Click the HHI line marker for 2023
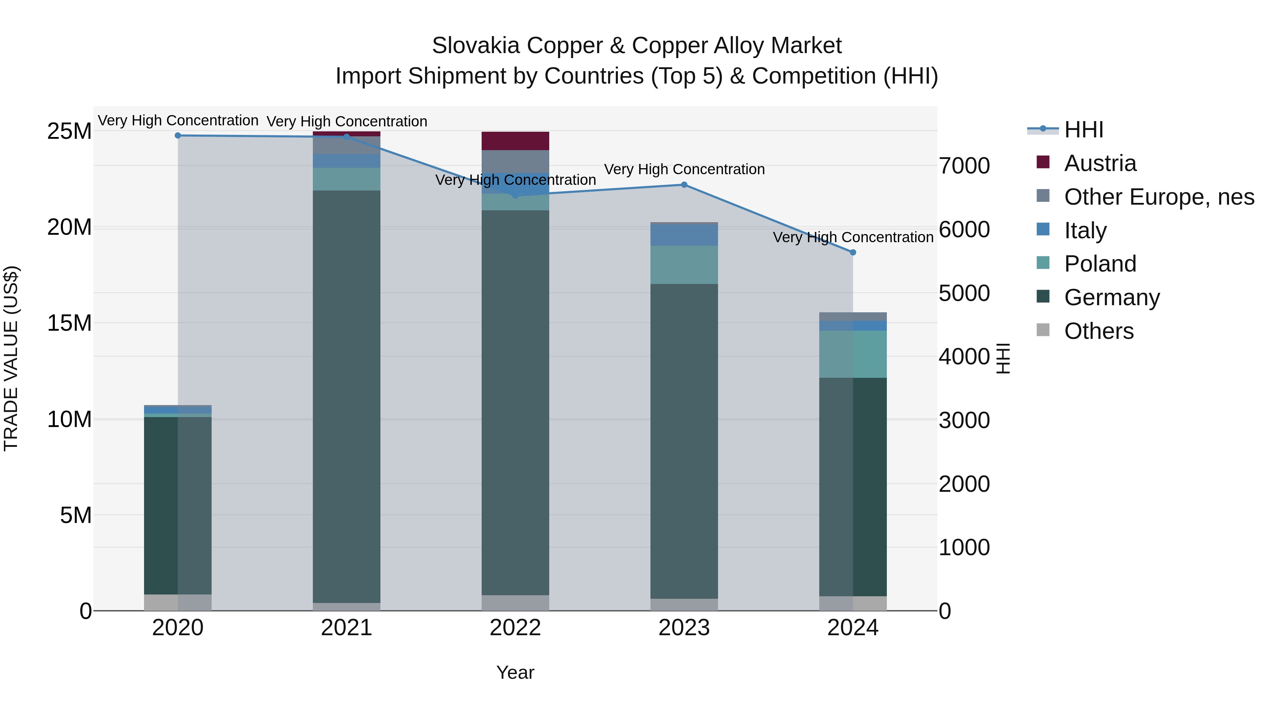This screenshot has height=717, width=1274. pyautogui.click(x=684, y=184)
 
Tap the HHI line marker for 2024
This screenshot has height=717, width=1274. pyautogui.click(x=853, y=252)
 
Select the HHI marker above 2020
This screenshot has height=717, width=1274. pyautogui.click(x=178, y=136)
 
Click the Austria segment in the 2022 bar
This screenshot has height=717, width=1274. pyautogui.click(x=515, y=141)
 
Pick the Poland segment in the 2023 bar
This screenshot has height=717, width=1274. pyautogui.click(x=684, y=265)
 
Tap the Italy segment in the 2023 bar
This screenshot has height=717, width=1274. pyautogui.click(x=684, y=235)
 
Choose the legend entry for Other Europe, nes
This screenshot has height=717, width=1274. pyautogui.click(x=1159, y=197)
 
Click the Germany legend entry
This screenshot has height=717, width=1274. pyautogui.click(x=1112, y=297)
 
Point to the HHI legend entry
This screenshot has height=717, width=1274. pyautogui.click(x=1083, y=130)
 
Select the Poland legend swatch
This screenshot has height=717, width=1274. pyautogui.click(x=1043, y=263)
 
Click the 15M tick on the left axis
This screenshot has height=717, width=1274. pyautogui.click(x=69, y=323)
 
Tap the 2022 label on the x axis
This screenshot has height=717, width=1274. pyautogui.click(x=515, y=628)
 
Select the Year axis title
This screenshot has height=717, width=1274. pyautogui.click(x=515, y=672)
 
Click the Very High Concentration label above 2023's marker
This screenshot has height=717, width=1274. pyautogui.click(x=684, y=169)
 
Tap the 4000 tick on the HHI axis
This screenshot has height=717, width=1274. pyautogui.click(x=964, y=357)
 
